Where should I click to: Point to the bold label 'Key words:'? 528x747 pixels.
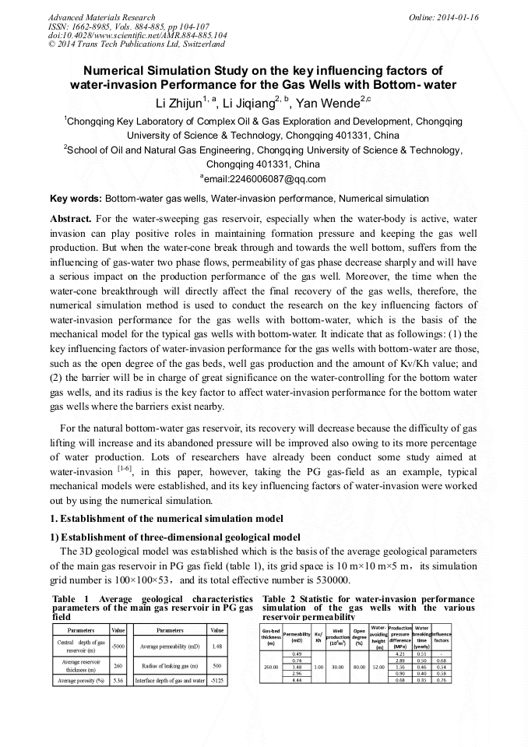(76, 199)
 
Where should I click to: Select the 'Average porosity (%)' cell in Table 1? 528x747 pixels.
(81, 680)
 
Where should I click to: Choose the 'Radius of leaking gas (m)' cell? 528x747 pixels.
(169, 664)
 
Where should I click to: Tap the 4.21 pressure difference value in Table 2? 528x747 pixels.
(400, 654)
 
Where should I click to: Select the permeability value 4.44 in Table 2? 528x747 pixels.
(297, 680)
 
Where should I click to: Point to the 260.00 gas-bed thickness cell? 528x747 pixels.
(271, 667)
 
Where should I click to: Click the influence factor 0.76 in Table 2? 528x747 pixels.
(441, 680)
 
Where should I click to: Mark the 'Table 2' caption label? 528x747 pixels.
(281, 599)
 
